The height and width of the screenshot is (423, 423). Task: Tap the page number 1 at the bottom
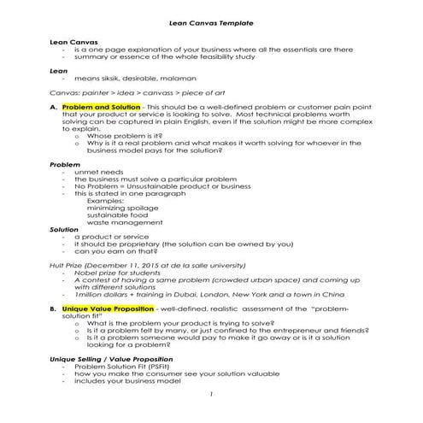click(210, 395)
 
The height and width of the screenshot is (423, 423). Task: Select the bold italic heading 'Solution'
click(64, 229)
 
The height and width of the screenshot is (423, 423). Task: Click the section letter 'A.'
click(54, 106)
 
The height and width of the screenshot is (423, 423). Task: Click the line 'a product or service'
click(111, 236)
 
